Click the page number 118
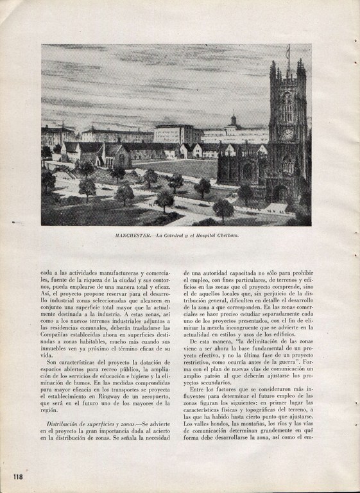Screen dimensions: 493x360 [17, 476]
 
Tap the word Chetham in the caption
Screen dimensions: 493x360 [228, 236]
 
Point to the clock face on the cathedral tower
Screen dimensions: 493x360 [287, 134]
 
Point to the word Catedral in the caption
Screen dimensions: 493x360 [173, 236]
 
